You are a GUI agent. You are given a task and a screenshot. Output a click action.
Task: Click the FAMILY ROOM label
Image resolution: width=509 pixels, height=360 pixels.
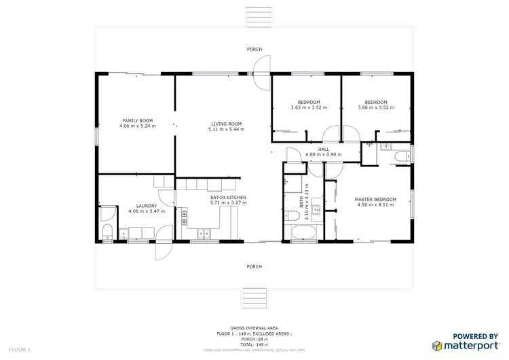[x=137, y=121]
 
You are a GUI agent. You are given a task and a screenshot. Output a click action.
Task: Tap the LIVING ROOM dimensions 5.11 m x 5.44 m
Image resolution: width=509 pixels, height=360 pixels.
[x=226, y=129]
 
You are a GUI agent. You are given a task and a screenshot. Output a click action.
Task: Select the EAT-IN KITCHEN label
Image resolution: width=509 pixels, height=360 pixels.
[x=228, y=198]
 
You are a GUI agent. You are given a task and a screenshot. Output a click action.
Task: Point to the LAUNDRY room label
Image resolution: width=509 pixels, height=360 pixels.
[x=147, y=206]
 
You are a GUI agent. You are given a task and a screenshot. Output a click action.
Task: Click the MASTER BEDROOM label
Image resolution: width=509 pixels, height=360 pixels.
[x=375, y=199]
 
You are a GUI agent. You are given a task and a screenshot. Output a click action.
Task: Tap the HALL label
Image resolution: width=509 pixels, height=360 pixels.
[x=324, y=149]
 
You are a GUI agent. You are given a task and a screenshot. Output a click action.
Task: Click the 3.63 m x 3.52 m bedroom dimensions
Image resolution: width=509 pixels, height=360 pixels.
[x=309, y=107]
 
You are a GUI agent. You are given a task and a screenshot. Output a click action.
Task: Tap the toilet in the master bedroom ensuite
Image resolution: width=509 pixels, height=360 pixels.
[x=402, y=157]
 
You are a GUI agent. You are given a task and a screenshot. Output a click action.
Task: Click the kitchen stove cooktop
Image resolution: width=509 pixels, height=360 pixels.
[x=184, y=216]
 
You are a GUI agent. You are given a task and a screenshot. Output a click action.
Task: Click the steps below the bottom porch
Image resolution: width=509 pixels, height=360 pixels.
[x=254, y=298]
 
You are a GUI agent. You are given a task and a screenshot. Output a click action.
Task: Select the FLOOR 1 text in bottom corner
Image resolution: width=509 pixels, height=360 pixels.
[x=20, y=349]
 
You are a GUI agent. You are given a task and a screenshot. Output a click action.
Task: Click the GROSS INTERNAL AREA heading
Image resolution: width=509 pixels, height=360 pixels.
[x=254, y=327]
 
